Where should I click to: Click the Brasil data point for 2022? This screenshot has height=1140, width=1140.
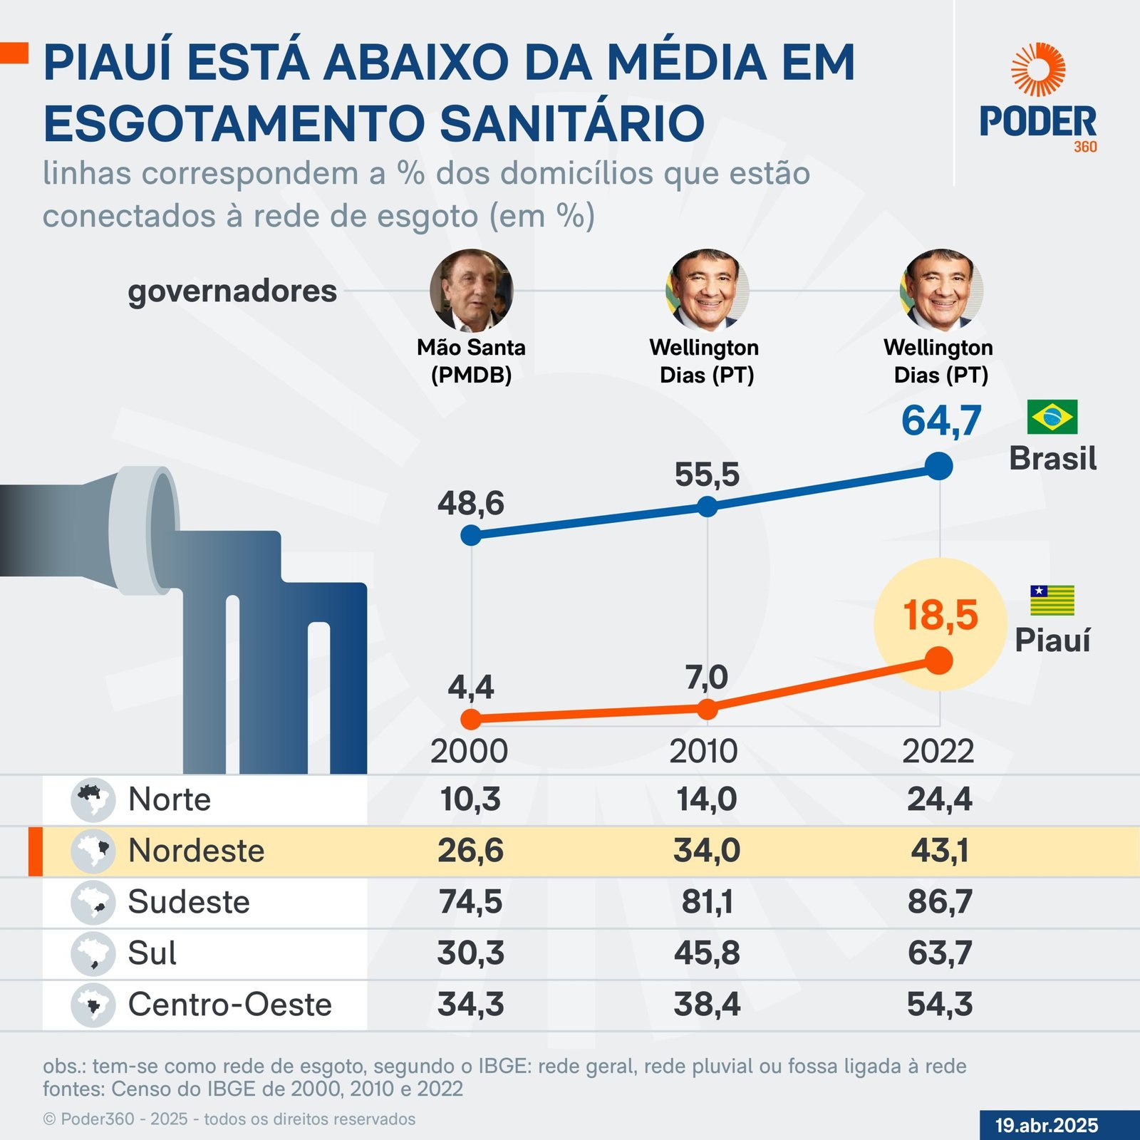[x=939, y=467]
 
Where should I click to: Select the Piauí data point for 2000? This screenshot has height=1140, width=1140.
[x=471, y=719]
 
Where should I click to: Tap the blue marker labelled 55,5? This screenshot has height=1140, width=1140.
[x=707, y=507]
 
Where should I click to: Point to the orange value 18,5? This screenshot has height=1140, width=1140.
[x=940, y=615]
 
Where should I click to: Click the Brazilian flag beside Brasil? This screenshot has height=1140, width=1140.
[x=1052, y=418]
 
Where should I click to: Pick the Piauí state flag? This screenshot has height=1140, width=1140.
[x=1052, y=601]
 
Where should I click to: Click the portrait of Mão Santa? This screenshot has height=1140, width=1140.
[x=471, y=290]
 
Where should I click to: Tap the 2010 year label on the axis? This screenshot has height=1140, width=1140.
[x=703, y=752]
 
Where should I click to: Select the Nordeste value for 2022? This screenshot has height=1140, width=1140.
[x=940, y=851]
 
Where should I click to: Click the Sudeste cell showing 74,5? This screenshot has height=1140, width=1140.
[x=470, y=902]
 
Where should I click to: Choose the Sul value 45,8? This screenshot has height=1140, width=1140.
[x=707, y=953]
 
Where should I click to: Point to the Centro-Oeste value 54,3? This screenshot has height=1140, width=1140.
[x=940, y=1005]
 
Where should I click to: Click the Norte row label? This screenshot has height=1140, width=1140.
[x=170, y=799]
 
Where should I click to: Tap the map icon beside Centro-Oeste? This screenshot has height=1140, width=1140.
[x=93, y=1005]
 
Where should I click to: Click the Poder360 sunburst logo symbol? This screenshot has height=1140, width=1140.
[x=1038, y=70]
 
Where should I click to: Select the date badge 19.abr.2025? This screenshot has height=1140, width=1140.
[x=1047, y=1126]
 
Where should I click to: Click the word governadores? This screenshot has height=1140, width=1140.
[x=232, y=291]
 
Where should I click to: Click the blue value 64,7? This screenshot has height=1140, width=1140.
[x=941, y=420]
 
